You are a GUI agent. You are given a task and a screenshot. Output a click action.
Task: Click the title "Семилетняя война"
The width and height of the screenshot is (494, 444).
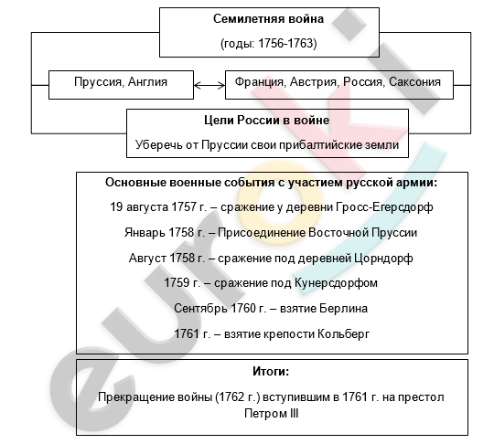pyautogui.click(x=268, y=19)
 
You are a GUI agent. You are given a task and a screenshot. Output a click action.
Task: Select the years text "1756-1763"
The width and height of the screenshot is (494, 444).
pyautogui.click(x=286, y=44)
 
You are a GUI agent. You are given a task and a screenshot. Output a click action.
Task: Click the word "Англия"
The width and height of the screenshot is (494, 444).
pyautogui.click(x=147, y=82)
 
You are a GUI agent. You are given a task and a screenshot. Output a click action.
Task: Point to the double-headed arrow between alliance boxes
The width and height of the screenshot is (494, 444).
pyautogui.click(x=209, y=85)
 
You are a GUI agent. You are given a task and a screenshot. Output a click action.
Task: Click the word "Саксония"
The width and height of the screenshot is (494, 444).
pyautogui.click(x=414, y=82)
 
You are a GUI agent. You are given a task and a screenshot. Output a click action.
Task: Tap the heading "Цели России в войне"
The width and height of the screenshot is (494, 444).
pyautogui.click(x=267, y=121)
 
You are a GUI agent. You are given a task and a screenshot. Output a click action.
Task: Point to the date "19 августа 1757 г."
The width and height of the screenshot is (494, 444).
pyautogui.click(x=157, y=207)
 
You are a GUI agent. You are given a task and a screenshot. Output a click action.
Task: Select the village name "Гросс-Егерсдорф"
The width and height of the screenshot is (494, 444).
pyautogui.click(x=384, y=207)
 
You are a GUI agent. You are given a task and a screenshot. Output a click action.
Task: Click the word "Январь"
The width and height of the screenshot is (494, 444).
pyautogui.click(x=145, y=233)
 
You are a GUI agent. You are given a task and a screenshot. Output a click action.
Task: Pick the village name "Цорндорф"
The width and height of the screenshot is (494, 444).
pyautogui.click(x=383, y=259)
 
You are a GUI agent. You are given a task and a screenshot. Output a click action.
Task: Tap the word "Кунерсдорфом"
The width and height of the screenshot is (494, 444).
pyautogui.click(x=336, y=283)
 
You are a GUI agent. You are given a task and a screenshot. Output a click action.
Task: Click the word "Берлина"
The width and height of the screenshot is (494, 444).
pyautogui.click(x=343, y=309)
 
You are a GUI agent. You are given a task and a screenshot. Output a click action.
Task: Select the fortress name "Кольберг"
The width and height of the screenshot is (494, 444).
pyautogui.click(x=343, y=333)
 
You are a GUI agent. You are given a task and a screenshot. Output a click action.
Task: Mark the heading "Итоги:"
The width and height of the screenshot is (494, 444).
pyautogui.click(x=271, y=372)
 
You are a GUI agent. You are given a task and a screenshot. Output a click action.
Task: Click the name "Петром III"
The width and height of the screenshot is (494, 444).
pyautogui.click(x=272, y=414)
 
